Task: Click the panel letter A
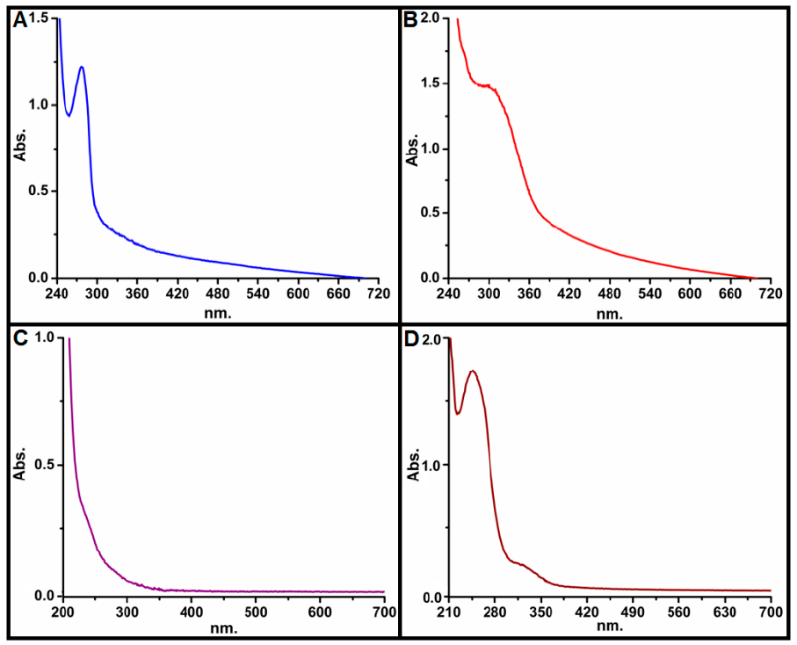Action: tap(20, 20)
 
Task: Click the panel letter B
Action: tap(410, 20)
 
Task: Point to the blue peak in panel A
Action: tap(82, 67)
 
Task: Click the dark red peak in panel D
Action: tap(473, 371)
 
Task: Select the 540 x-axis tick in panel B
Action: tap(649, 293)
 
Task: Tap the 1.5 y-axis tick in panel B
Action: tap(431, 84)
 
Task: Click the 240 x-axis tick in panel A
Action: tap(56, 293)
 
